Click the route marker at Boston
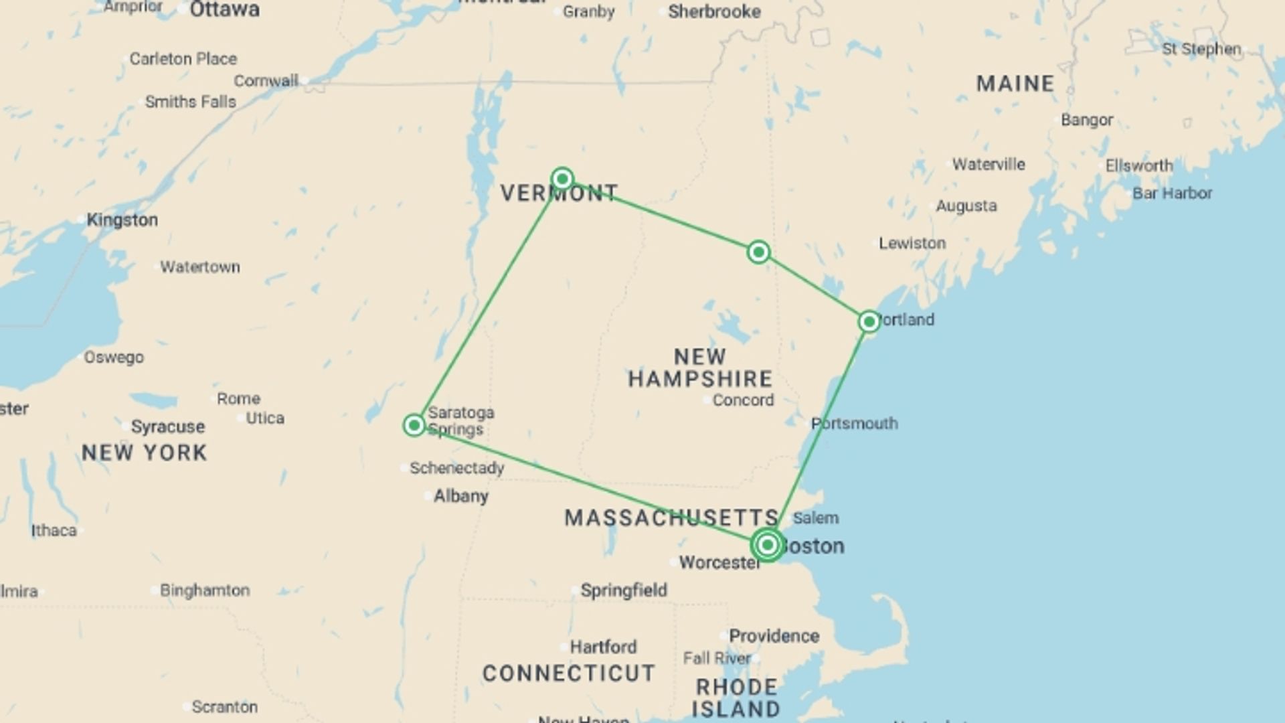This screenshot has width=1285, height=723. (767, 545)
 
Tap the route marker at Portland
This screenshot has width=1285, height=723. (869, 322)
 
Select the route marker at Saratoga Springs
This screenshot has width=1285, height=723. (414, 425)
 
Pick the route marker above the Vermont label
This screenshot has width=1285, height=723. (562, 179)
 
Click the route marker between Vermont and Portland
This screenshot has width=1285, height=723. (758, 252)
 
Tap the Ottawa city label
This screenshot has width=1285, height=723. (224, 10)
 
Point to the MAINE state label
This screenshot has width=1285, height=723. (1015, 84)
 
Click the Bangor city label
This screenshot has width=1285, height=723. (1087, 120)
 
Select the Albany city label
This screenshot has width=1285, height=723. (460, 496)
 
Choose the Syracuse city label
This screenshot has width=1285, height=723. (168, 426)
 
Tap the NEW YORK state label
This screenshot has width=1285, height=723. (145, 453)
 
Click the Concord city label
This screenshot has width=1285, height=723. (743, 400)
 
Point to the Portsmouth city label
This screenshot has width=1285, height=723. (854, 424)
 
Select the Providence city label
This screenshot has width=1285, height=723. (774, 636)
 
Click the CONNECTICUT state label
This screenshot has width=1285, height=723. (569, 673)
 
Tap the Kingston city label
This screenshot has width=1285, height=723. (122, 220)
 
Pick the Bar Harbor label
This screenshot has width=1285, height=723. (1172, 193)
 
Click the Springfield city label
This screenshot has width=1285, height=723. (624, 590)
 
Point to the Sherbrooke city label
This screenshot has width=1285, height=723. (714, 11)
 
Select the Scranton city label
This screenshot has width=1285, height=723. (224, 707)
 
